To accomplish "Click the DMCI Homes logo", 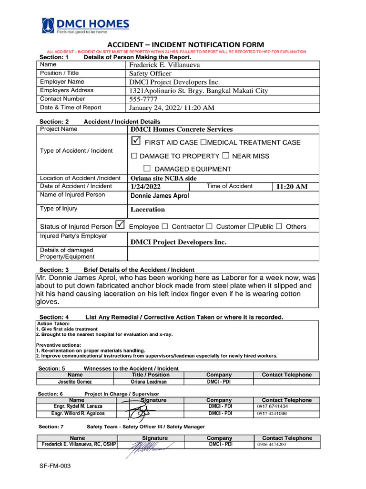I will [x=86, y=26].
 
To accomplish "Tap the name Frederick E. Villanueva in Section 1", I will [x=165, y=65].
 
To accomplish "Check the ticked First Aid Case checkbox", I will [x=135, y=141].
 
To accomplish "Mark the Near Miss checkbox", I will [x=226, y=156].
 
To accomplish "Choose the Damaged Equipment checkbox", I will [x=147, y=169].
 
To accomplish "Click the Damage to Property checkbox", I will [x=134, y=156].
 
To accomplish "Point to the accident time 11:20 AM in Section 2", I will [x=292, y=187].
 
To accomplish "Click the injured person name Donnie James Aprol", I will [x=160, y=196].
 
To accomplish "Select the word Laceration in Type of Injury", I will [x=148, y=210].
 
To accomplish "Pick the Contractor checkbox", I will [x=165, y=226].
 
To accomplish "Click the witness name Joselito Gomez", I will [x=75, y=382].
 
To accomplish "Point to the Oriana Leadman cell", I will [x=149, y=382].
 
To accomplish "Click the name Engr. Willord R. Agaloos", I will [x=78, y=414].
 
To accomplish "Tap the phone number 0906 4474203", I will [x=272, y=445].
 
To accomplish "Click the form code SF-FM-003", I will [x=55, y=466].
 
